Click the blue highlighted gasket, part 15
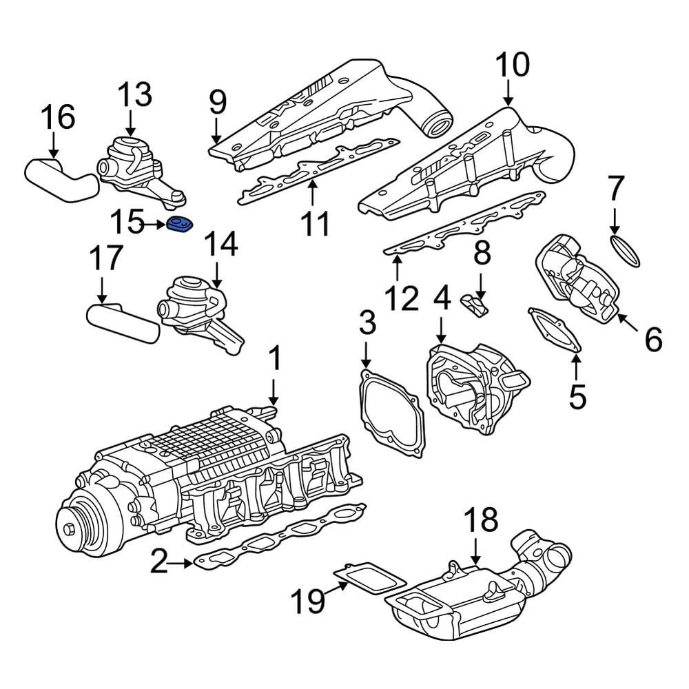pyautogui.click(x=181, y=224)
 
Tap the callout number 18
pyautogui.click(x=480, y=522)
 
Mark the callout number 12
pyautogui.click(x=401, y=298)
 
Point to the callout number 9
pyautogui.click(x=218, y=103)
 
